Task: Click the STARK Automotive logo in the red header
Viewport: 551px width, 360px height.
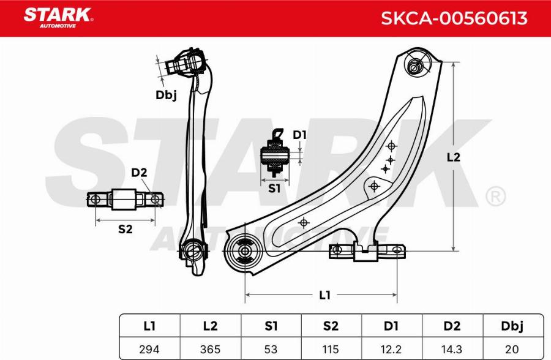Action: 58,17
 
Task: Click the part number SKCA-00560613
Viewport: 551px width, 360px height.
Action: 454,18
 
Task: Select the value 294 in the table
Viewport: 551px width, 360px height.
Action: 149,349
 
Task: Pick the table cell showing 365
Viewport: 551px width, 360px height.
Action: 209,349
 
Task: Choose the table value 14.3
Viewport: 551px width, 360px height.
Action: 452,349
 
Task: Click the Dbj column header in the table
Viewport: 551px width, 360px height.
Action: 513,326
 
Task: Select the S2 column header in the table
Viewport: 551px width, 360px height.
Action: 331,326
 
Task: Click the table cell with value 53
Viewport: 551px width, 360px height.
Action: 271,349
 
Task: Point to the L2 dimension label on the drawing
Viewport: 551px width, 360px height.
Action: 453,157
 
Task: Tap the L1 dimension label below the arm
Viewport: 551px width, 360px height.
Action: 325,295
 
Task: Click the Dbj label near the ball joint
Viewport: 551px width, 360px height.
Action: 165,94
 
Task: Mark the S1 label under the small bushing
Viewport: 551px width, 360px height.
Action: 274,189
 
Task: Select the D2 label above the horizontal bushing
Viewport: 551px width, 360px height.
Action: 139,173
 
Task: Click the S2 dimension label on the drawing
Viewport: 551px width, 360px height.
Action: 125,229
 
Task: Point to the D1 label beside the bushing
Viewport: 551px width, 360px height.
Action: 299,135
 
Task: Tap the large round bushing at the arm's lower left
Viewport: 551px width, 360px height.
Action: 244,251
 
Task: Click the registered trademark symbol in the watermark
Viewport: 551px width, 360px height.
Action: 495,197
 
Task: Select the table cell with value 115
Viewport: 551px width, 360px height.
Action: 331,349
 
